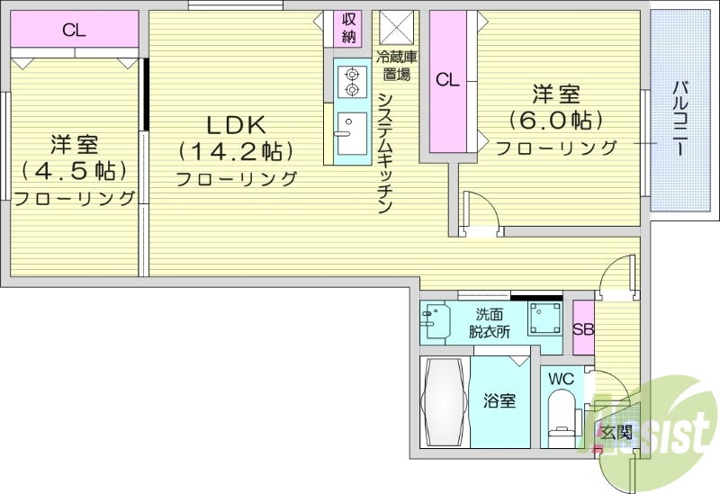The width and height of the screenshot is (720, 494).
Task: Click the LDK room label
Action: point(236,123)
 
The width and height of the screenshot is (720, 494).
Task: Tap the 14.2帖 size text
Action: point(236,149)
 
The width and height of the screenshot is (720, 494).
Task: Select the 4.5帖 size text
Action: point(74,170)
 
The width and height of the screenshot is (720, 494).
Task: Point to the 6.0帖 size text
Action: point(555,119)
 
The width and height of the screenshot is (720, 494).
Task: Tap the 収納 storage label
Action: point(348,29)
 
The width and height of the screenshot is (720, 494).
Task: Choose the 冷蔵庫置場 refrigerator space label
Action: point(396,65)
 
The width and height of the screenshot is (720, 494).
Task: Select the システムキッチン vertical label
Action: point(384,152)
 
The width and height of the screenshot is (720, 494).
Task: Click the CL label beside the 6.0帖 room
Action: point(447,80)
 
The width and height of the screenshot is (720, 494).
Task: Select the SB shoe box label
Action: point(583,328)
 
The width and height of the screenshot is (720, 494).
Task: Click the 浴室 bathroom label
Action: point(501,401)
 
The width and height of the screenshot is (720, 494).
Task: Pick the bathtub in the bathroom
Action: point(443,401)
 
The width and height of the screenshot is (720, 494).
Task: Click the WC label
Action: point(561,379)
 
